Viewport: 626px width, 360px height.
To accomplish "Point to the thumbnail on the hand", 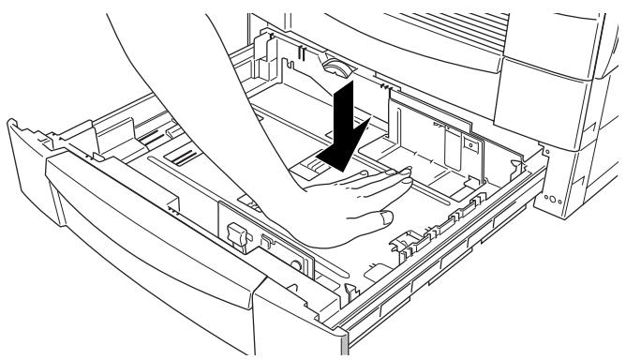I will (x=384, y=217).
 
